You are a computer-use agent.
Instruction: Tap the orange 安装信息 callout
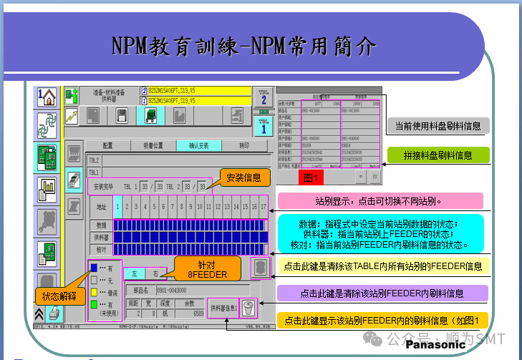(x=243, y=177)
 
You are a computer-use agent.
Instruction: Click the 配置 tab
(x=108, y=145)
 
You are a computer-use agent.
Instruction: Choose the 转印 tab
(x=244, y=145)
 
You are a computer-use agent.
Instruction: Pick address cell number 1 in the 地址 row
(x=118, y=208)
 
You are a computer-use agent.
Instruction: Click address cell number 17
(x=264, y=208)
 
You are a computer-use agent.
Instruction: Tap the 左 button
(x=134, y=274)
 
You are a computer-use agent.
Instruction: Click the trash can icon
(x=248, y=308)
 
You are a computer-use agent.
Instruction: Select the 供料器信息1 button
(x=223, y=308)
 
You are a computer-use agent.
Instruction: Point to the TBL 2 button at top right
(x=264, y=97)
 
